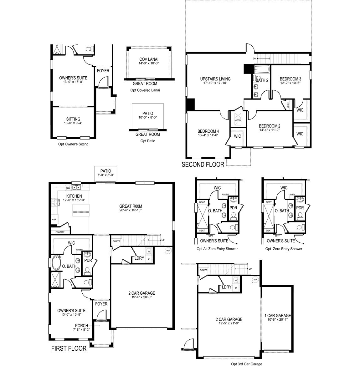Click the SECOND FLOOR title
[203, 165]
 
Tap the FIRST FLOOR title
[69, 348]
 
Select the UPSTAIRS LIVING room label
[215, 79]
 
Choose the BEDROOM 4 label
[208, 131]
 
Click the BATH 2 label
[262, 80]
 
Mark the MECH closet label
[238, 120]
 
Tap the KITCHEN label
[74, 196]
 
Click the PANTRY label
[60, 232]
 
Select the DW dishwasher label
[68, 188]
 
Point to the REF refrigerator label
[54, 220]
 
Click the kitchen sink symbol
[76, 187]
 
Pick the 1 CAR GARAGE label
[277, 316]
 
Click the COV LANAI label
[149, 59]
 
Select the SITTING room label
[73, 119]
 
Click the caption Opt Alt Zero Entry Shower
[217, 249]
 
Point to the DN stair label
[255, 59]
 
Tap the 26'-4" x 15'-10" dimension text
[131, 210]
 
